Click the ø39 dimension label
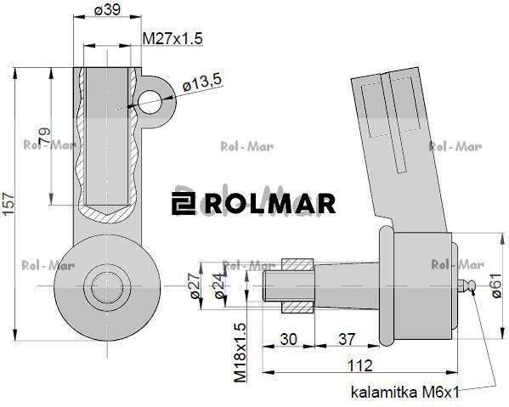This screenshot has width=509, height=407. pos(106,10)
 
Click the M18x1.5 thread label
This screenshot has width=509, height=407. pos(240,351)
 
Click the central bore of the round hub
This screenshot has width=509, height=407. pos(106,284)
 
